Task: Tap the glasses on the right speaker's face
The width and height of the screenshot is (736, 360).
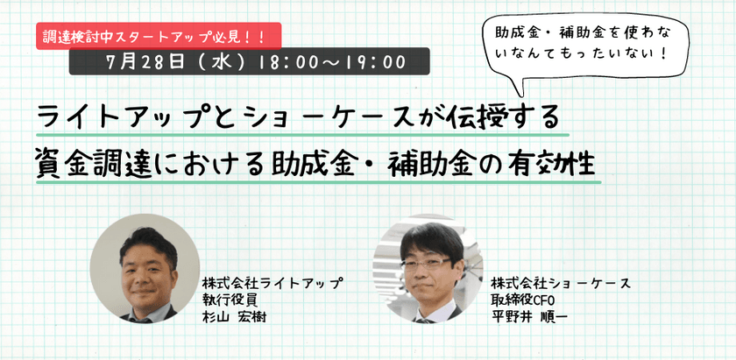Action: point(426,259)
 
